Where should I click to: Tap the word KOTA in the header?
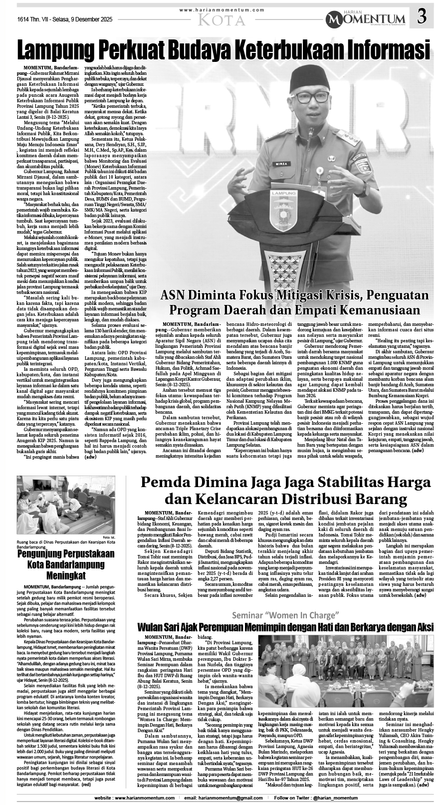[x=222, y=20]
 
